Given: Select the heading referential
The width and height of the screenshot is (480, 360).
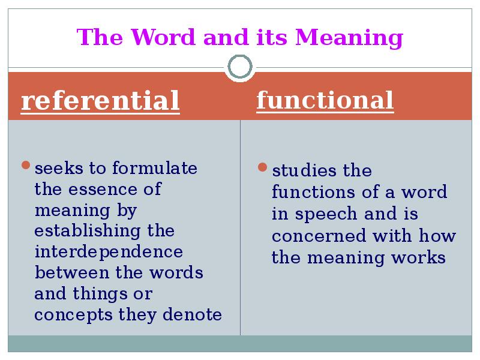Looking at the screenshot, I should (x=100, y=101).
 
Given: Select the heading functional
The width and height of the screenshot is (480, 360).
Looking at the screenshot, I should (x=325, y=100).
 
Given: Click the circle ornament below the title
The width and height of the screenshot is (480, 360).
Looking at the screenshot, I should (x=240, y=68).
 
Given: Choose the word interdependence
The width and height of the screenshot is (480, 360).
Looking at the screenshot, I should (x=109, y=251).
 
